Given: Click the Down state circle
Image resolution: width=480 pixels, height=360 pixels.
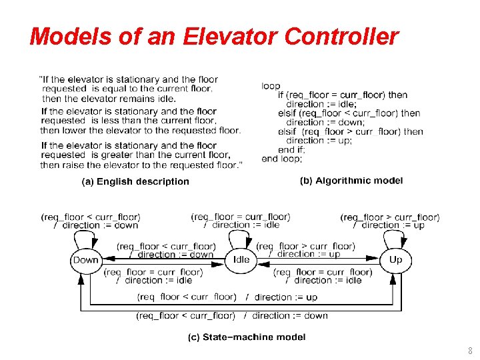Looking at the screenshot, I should [x=85, y=260].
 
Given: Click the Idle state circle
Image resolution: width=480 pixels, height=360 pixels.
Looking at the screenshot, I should [x=241, y=260].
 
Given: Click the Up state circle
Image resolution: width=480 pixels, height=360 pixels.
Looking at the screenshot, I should [x=395, y=260].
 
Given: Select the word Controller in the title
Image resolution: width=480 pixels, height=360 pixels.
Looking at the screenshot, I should [x=342, y=36].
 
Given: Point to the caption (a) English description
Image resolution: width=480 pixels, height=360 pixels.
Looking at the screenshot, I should [x=135, y=181].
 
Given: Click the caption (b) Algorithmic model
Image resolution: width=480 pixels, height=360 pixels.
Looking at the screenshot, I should [x=351, y=181].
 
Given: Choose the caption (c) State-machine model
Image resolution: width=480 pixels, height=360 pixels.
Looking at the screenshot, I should [x=247, y=337].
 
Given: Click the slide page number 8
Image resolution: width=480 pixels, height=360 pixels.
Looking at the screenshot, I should [x=469, y=351].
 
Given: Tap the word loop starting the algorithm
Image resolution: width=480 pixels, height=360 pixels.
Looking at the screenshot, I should [x=271, y=86].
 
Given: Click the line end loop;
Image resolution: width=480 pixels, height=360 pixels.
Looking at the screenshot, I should [x=282, y=159].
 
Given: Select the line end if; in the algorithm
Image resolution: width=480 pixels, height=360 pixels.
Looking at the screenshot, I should [x=291, y=150].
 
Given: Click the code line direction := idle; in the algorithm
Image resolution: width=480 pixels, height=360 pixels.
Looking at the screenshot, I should [x=321, y=104].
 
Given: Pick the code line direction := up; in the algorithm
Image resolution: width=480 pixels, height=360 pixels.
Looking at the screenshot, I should [x=319, y=141].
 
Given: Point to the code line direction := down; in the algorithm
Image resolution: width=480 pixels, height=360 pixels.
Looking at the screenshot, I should [x=324, y=122].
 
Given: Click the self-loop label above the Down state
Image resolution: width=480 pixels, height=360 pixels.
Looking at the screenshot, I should [x=91, y=221].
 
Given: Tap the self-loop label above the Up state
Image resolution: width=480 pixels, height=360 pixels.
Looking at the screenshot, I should [x=390, y=221].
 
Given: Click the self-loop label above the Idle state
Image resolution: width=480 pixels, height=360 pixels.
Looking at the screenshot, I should [x=241, y=221].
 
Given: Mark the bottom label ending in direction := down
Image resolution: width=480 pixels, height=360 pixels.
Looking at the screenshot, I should [x=232, y=315].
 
